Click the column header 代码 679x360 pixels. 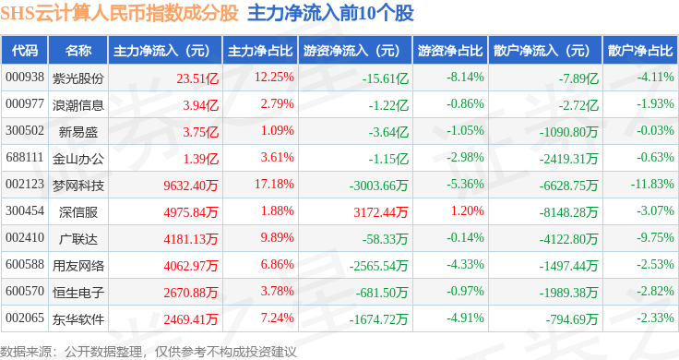(25, 51)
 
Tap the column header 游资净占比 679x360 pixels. (450, 51)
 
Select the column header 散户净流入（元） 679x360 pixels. (542, 51)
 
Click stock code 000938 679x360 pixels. (25, 78)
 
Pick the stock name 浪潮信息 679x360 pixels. (78, 105)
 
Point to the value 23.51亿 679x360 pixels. (197, 78)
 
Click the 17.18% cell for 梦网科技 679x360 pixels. (274, 184)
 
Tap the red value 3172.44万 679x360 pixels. (381, 212)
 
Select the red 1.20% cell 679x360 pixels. (467, 211)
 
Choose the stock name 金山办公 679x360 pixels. (78, 159)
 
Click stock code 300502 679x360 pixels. (25, 130)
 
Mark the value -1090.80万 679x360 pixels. (568, 132)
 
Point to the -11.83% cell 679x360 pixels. (652, 184)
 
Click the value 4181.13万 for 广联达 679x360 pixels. (191, 239)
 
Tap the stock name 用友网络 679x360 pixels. (78, 266)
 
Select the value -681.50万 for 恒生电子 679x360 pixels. (382, 293)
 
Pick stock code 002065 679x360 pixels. (25, 318)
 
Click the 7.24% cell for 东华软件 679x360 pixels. (277, 318)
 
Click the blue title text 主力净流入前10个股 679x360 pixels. (330, 13)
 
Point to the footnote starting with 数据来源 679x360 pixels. (149, 352)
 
